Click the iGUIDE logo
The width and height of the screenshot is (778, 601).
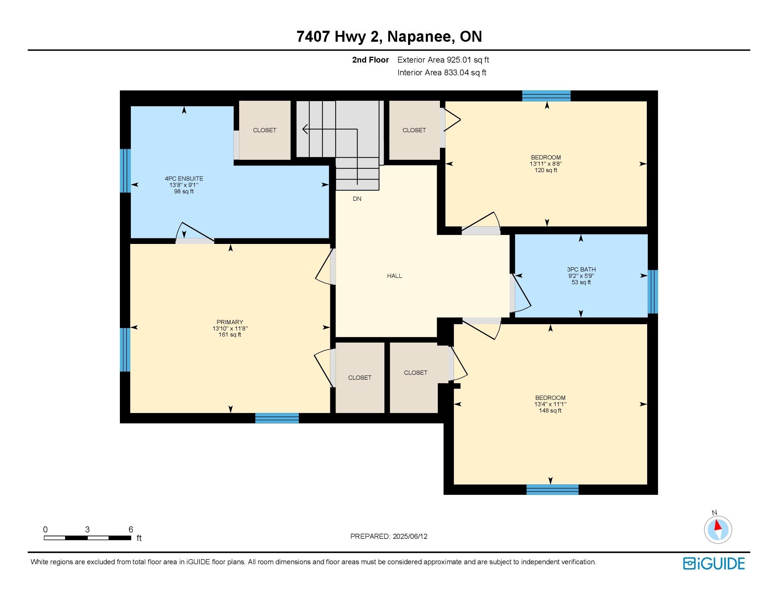click(x=714, y=564)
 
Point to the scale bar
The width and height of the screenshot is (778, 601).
click(x=87, y=538)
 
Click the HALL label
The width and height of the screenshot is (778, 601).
click(x=395, y=276)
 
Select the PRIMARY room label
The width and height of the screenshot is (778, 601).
click(x=230, y=322)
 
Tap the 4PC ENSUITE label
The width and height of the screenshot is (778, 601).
click(x=184, y=179)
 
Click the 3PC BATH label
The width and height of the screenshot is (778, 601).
click(x=581, y=269)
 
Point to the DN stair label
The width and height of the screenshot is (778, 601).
click(x=357, y=199)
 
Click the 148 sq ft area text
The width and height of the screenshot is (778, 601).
click(x=550, y=410)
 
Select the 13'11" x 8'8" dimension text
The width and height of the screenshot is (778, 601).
click(x=546, y=164)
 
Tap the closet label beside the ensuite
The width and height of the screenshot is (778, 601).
click(x=265, y=130)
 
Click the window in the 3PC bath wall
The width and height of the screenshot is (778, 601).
click(x=652, y=292)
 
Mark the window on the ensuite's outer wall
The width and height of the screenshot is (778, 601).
click(x=126, y=170)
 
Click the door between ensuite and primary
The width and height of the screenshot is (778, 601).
click(x=195, y=233)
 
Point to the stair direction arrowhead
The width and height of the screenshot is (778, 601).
click(x=305, y=129)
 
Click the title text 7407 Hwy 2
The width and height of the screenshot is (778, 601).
click(x=339, y=37)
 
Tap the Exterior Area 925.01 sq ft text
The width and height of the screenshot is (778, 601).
click(x=443, y=60)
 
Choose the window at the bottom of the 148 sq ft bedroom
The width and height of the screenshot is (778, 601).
click(x=552, y=490)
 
